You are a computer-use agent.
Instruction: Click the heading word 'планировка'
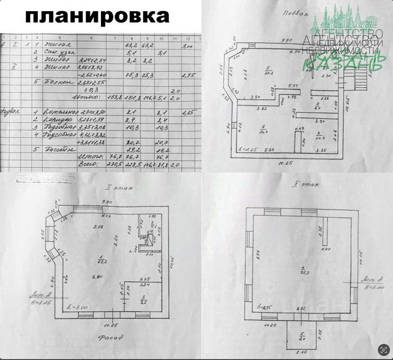(x=97, y=15)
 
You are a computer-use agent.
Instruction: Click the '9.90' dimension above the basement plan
(x=286, y=40)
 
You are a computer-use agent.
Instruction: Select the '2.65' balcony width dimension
(x=301, y=353)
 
